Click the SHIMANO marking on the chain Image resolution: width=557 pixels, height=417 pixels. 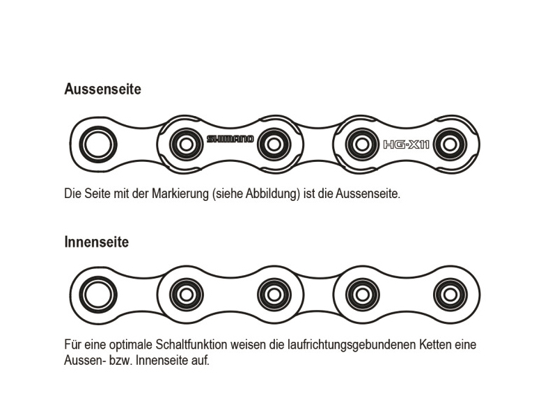click(230, 139)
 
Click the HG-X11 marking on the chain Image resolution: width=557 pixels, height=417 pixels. click(406, 145)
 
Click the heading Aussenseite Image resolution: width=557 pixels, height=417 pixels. click(102, 89)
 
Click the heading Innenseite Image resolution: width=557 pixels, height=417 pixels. click(97, 242)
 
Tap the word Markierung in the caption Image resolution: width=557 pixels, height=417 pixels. click(180, 194)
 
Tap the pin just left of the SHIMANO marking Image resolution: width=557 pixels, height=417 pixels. click(186, 145)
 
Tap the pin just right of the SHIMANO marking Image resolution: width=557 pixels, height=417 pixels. click(274, 145)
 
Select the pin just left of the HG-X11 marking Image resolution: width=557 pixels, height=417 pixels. click(362, 145)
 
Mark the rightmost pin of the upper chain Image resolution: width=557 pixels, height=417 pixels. click(450, 145)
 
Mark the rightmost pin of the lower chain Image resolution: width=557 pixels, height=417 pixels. click(450, 295)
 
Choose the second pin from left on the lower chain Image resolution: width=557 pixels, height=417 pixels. click(186, 295)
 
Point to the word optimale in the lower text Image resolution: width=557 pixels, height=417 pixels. click(131, 344)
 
